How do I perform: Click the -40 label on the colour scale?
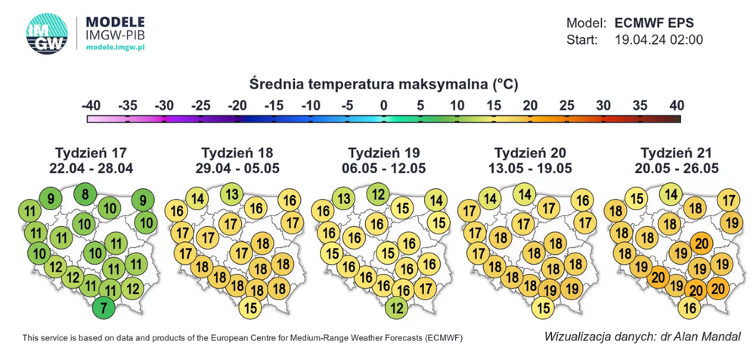[x=91, y=104]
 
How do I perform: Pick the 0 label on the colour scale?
[x=384, y=104]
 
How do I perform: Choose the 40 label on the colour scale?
[x=676, y=104]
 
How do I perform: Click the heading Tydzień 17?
[x=94, y=151]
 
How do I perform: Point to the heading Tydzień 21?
[x=678, y=151]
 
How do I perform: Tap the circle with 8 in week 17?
[x=85, y=195]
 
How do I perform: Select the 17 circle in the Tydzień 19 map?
[x=425, y=288]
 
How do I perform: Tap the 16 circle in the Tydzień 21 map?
[x=688, y=308]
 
